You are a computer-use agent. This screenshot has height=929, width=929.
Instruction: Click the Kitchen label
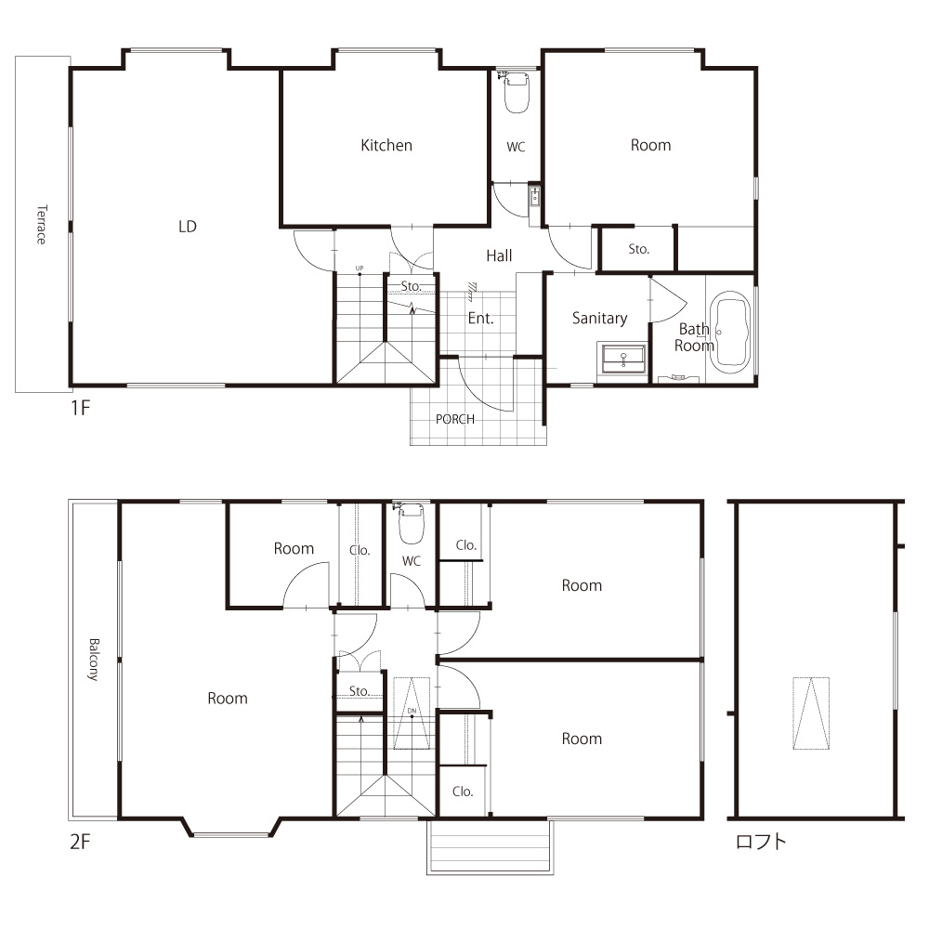pos(386,145)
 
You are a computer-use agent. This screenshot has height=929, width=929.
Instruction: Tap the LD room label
pos(188,227)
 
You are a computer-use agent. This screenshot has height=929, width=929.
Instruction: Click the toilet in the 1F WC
pos(517,92)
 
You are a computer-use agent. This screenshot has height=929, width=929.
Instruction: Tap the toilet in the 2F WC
pos(412,524)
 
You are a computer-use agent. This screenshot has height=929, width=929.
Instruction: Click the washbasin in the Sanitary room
pos(623,359)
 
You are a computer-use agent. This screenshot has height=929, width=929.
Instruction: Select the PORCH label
pos(455,420)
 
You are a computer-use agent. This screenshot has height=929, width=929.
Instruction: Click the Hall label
pos(499,256)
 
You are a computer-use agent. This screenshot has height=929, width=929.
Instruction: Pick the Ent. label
pos(480,319)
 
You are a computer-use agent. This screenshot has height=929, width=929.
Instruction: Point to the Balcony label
pos(94,660)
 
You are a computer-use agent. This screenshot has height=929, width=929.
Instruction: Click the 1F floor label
pos(81,408)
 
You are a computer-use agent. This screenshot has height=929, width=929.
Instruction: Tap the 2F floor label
pos(81,842)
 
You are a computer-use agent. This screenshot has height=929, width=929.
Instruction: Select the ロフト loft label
pos(761,842)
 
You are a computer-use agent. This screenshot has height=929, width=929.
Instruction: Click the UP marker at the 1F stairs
pos(359,268)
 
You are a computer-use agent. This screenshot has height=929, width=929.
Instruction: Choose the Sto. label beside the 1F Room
pos(639,249)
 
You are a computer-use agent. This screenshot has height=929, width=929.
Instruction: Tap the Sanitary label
pos(599,318)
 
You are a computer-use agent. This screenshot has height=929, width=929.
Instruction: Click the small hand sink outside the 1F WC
pos(534,197)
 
